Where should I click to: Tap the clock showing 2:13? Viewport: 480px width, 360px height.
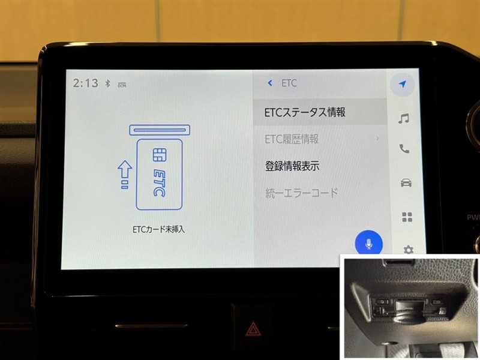pos(85,83)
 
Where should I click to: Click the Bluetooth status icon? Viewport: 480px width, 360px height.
pos(107,83)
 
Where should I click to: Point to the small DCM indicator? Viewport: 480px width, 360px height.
pos(122,85)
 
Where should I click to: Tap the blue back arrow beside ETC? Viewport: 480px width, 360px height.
pos(269,83)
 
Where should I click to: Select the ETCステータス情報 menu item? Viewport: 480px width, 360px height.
pos(305,112)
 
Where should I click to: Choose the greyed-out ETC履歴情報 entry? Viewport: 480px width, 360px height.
pos(292,139)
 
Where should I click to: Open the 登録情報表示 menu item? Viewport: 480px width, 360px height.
pos(292,166)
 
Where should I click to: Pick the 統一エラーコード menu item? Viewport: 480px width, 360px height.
pos(302,193)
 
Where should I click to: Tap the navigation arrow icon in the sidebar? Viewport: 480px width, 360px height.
pos(403,84)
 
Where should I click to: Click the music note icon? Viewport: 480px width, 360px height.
pos(403,118)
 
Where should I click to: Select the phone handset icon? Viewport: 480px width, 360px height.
pos(404,149)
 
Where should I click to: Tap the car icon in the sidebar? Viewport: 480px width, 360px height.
pos(406,183)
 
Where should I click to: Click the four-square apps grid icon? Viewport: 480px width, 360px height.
pos(407,217)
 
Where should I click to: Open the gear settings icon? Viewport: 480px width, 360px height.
pos(408,250)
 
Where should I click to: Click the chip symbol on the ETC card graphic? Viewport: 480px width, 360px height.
pos(160,155)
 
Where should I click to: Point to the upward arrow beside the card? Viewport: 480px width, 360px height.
pos(125,175)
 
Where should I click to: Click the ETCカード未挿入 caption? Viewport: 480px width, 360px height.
pos(158,229)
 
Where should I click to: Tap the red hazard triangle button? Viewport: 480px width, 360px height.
pos(253,329)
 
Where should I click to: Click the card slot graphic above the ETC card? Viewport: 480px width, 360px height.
pos(160,130)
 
